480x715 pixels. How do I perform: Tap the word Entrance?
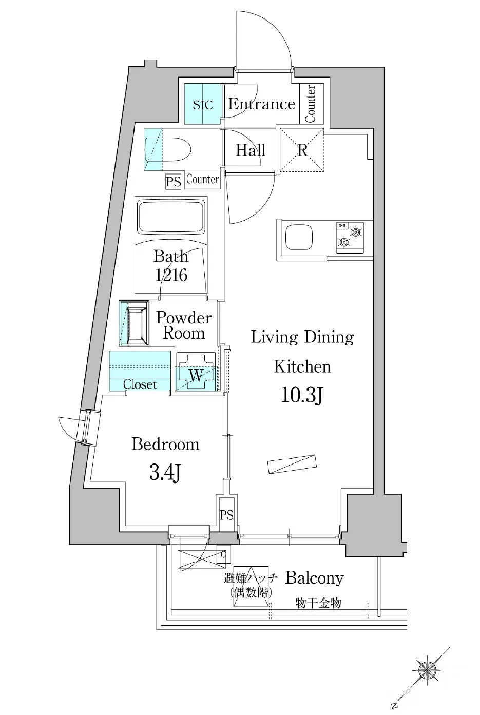click(x=261, y=104)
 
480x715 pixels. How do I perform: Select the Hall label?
click(x=251, y=150)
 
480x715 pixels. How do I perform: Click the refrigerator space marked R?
click(x=302, y=150)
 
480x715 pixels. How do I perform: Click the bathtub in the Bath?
click(x=171, y=217)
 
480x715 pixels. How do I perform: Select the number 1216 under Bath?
click(x=171, y=276)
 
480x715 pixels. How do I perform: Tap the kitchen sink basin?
click(x=299, y=238)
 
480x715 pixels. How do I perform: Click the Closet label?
click(x=140, y=384)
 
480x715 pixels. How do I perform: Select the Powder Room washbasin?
click(x=134, y=323)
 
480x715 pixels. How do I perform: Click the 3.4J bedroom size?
click(x=165, y=473)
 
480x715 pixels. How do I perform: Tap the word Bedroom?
click(x=166, y=445)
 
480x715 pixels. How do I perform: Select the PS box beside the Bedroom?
click(x=226, y=515)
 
